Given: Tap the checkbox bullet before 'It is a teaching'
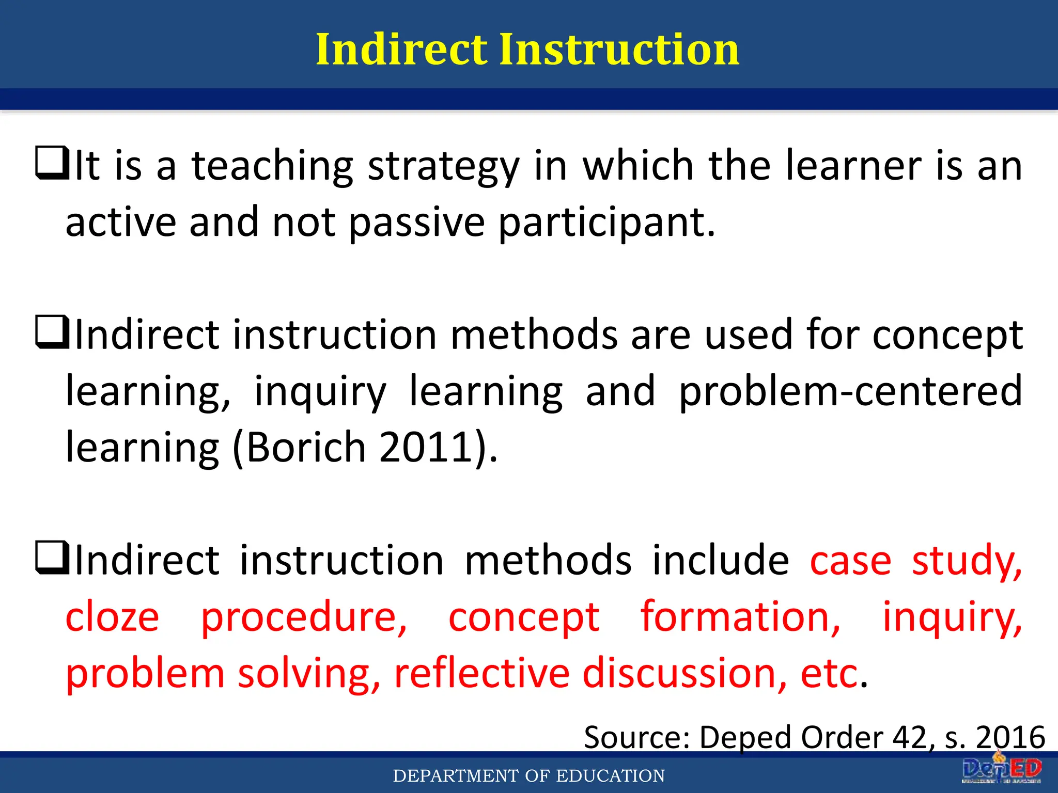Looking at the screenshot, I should [x=52, y=163].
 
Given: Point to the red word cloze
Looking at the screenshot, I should [x=112, y=617].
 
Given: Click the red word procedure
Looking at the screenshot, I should [x=304, y=618].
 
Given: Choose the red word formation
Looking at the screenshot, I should [x=740, y=617].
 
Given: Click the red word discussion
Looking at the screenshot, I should [x=685, y=673].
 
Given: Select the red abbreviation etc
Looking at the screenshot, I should [x=830, y=673].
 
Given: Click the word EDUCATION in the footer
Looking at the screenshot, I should [x=610, y=776].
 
